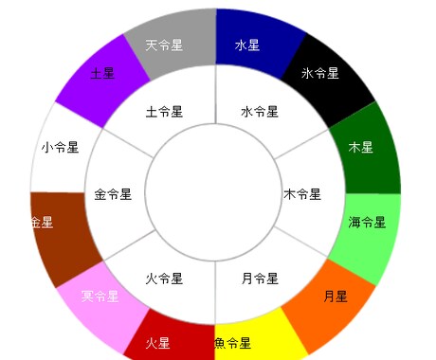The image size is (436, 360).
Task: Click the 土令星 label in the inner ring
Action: [x=164, y=112]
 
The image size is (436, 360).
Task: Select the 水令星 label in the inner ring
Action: [x=259, y=112]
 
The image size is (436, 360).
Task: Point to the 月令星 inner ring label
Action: [x=259, y=279]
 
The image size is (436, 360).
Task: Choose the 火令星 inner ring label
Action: [x=164, y=279]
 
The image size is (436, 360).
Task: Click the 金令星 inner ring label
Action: [x=114, y=194]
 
